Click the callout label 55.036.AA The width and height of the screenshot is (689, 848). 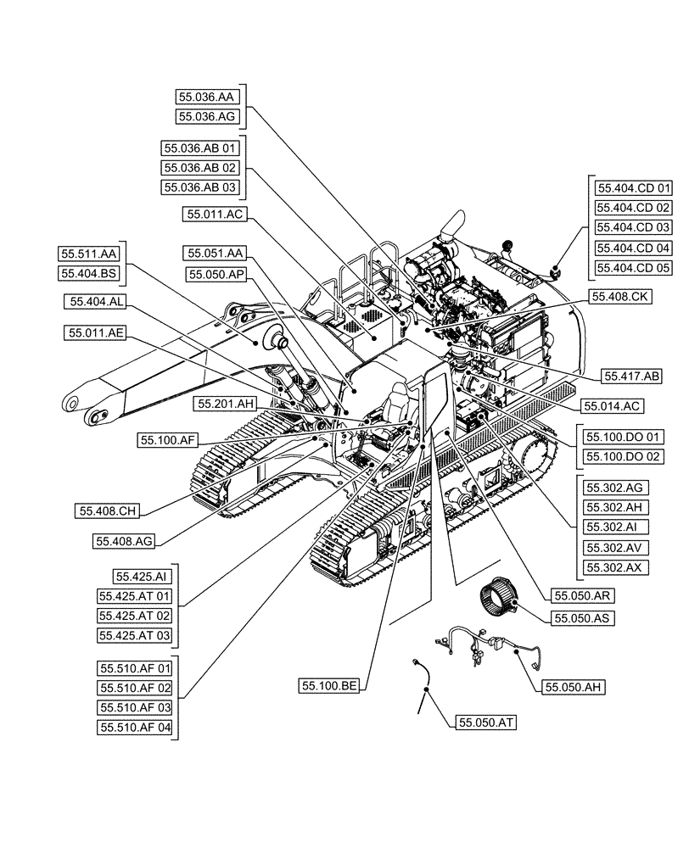point(208,98)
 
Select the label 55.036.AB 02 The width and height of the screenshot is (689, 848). point(201,168)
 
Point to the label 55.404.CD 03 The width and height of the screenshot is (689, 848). point(633,227)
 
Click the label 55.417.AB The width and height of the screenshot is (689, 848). point(632,375)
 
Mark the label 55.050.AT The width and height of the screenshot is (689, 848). point(486,722)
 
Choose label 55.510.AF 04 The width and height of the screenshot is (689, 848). point(135,727)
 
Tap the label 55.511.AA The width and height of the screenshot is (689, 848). point(89,254)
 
